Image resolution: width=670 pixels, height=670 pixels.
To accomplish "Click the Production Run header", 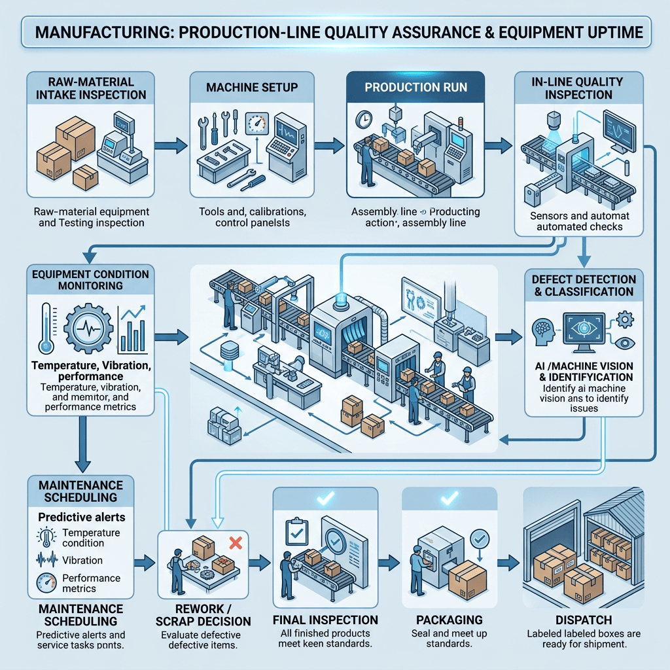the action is [x=415, y=87].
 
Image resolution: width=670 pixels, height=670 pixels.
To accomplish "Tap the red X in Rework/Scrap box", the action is [x=236, y=542].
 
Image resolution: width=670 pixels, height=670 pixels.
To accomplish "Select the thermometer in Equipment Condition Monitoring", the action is [x=46, y=328].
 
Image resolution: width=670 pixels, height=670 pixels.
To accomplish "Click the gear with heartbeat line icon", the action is [x=88, y=328].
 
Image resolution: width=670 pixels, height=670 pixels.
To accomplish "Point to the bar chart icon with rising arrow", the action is [x=133, y=328].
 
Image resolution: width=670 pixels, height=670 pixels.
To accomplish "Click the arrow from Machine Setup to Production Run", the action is [x=329, y=146].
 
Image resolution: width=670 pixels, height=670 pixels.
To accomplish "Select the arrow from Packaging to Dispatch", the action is [x=508, y=563].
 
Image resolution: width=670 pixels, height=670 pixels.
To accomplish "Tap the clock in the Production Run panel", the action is [x=364, y=120].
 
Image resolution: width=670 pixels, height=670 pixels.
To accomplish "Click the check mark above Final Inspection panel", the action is [x=326, y=498].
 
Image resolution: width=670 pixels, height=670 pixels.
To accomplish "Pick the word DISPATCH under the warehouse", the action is [x=584, y=620].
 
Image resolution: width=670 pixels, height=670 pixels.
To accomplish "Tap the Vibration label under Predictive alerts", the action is [x=82, y=560].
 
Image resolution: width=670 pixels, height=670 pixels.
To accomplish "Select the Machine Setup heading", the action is [x=252, y=87].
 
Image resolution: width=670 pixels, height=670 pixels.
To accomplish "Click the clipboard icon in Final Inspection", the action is [x=296, y=531].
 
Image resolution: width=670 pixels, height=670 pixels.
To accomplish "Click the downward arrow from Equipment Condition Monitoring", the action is [x=82, y=444].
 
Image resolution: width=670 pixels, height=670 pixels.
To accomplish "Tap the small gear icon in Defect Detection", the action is [x=625, y=319].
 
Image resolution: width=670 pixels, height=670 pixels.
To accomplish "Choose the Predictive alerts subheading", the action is [x=82, y=517].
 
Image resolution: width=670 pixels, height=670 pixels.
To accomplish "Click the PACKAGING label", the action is [x=450, y=620].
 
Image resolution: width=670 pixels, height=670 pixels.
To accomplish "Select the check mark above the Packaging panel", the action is [x=450, y=498].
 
